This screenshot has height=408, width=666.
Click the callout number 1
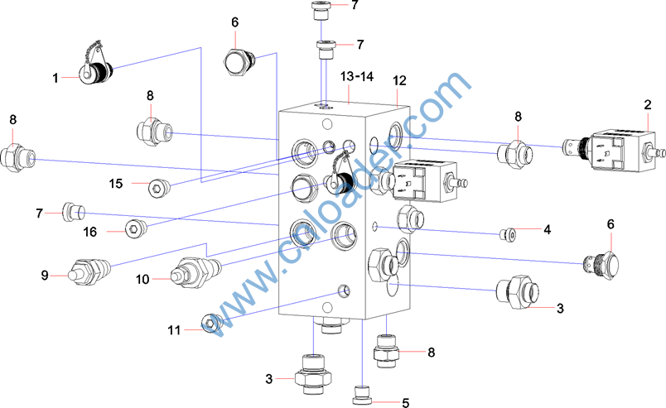[x=55, y=79]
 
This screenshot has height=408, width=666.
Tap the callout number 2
[x=647, y=105]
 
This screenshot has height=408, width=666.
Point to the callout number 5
[x=405, y=403]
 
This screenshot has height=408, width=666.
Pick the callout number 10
[x=143, y=280]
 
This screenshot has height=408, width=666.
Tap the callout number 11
[x=174, y=330]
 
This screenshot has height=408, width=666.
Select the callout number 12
[x=400, y=80]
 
